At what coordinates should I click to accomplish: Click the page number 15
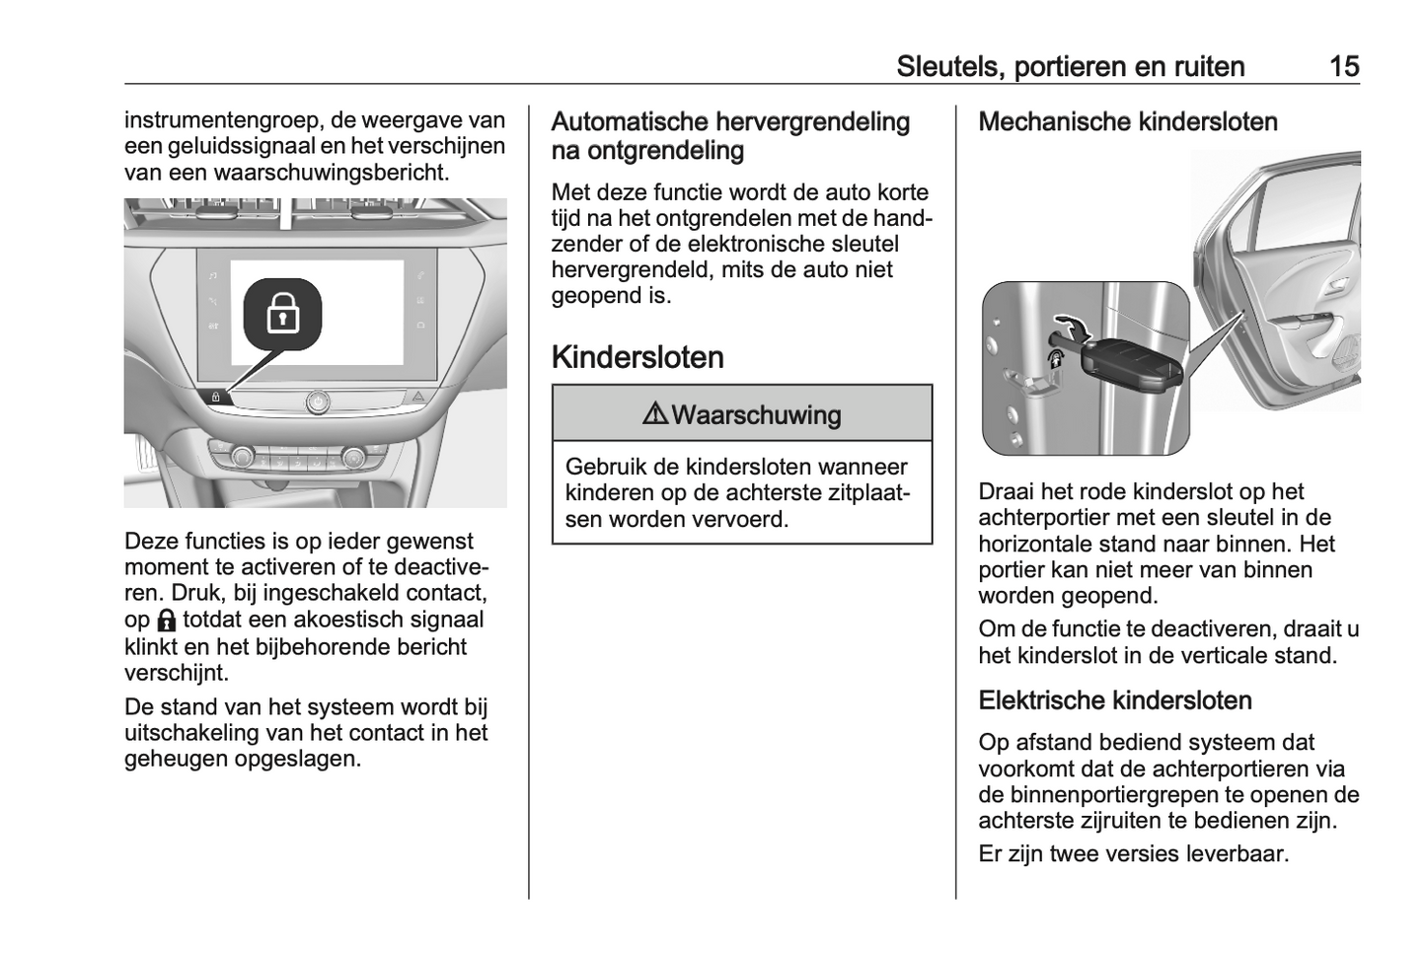click(x=1343, y=66)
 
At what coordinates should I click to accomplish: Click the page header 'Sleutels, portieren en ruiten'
click(x=1070, y=66)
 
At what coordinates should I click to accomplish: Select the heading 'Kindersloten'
click(x=638, y=357)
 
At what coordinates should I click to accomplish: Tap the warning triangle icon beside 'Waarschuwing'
click(x=654, y=414)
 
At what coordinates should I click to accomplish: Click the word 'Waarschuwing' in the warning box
click(x=756, y=414)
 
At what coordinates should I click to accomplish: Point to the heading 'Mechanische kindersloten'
click(x=1127, y=121)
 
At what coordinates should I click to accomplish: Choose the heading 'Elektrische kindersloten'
click(x=1114, y=700)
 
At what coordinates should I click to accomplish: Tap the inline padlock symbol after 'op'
click(x=166, y=621)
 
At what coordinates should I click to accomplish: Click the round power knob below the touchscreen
click(x=318, y=402)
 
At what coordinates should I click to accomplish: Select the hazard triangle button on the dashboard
click(x=418, y=397)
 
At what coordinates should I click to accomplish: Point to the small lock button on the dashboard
click(x=216, y=397)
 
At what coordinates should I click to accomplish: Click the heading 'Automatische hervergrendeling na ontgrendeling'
click(x=730, y=136)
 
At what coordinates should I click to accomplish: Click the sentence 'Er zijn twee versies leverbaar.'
click(x=1133, y=853)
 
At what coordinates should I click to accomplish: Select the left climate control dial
click(x=241, y=456)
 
